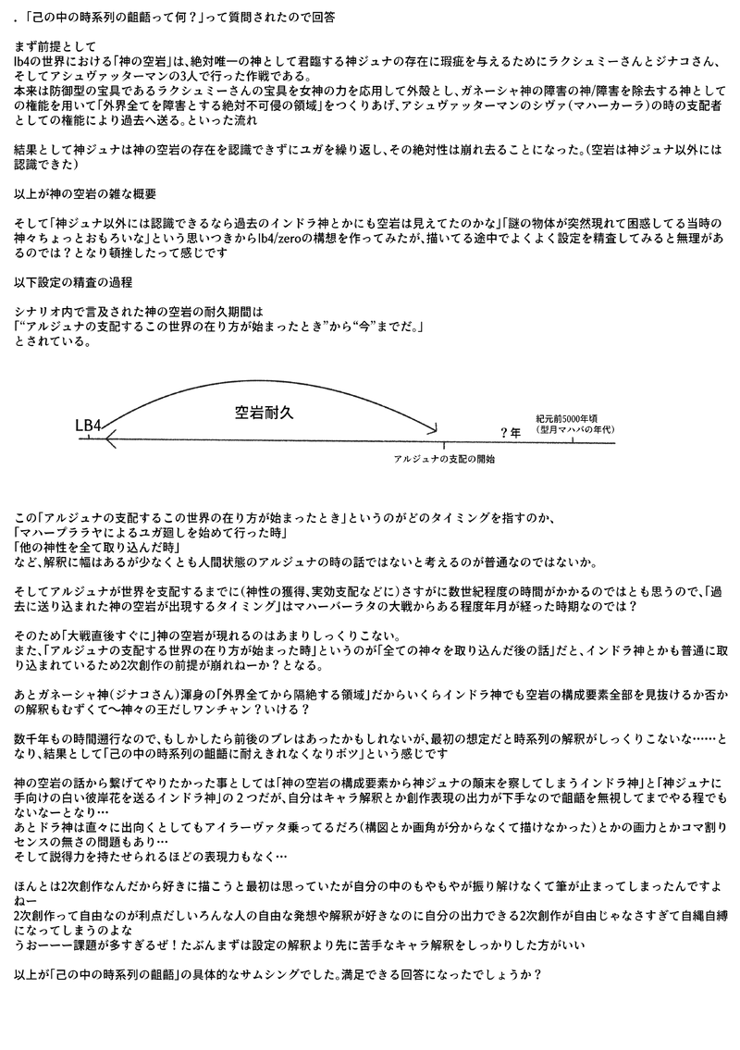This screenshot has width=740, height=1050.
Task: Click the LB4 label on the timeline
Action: [88, 426]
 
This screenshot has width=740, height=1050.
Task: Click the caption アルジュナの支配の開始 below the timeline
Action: [444, 459]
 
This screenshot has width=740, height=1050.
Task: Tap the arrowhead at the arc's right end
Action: [431, 429]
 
